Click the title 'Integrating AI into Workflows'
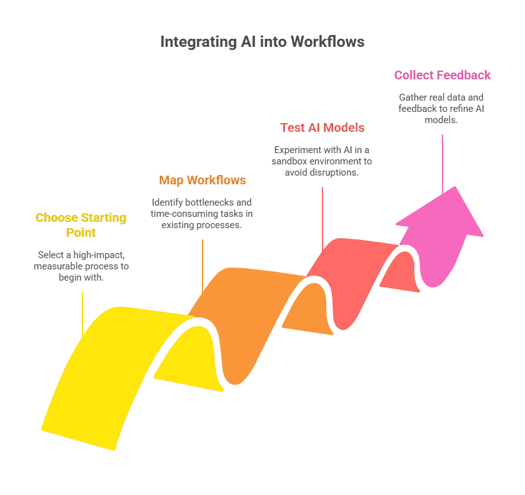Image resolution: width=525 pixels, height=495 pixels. click(x=262, y=42)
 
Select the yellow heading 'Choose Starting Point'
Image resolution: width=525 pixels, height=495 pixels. click(x=81, y=225)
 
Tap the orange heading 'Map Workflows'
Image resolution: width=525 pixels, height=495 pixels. click(x=202, y=181)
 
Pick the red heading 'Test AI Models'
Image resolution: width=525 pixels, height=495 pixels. click(x=322, y=128)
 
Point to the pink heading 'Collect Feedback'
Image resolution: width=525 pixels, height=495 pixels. click(x=442, y=76)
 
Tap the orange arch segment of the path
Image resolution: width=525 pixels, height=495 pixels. click(x=250, y=312)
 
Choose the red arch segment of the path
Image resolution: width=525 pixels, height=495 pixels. click(x=350, y=262)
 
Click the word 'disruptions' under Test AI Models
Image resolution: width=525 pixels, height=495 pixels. click(x=334, y=172)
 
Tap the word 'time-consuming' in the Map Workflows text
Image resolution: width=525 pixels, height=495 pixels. click(x=184, y=214)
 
